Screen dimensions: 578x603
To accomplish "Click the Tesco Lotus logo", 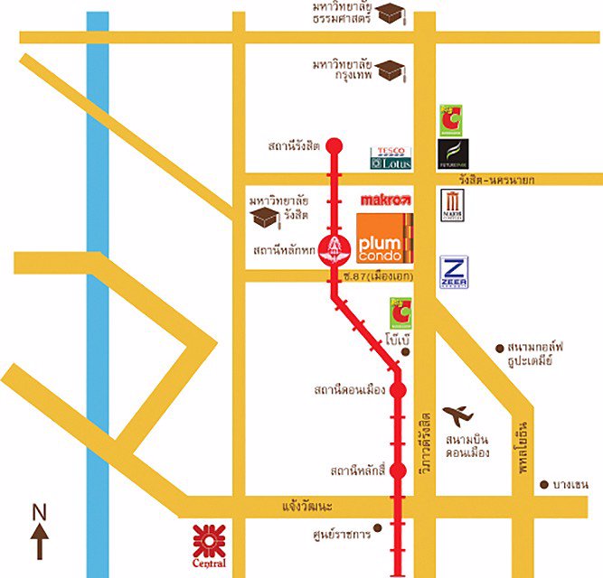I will click(391, 158).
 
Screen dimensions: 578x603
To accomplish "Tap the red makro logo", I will click(386, 199).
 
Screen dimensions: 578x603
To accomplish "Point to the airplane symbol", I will click(458, 415).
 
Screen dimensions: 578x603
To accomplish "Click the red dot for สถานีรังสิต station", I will click(334, 144).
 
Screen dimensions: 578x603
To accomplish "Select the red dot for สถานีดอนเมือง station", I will click(398, 391).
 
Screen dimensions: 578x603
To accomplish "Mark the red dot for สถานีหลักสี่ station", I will click(398, 471).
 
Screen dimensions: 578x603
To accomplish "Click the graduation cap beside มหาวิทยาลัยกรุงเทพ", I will click(390, 70).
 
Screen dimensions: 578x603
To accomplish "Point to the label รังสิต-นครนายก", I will click(495, 181).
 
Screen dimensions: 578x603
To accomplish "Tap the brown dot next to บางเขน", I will click(544, 485).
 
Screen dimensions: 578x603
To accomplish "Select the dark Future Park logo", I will click(452, 154).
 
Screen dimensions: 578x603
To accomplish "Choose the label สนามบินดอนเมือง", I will click(467, 446).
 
